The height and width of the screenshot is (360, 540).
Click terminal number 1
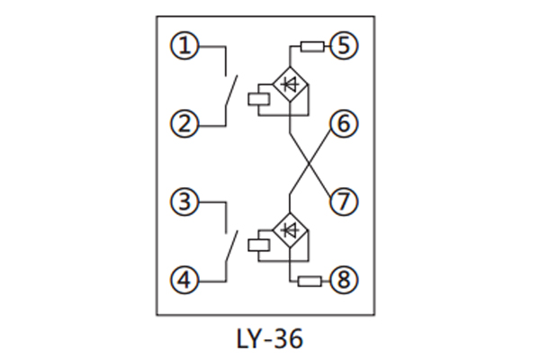pyautogui.click(x=184, y=45)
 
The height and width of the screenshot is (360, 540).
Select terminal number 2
pyautogui.click(x=184, y=123)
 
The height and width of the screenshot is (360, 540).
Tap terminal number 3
pyautogui.click(x=184, y=202)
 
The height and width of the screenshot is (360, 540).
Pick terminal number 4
pyautogui.click(x=184, y=281)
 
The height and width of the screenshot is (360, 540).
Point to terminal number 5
pyautogui.click(x=343, y=45)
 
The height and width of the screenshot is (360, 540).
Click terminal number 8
pyautogui.click(x=343, y=281)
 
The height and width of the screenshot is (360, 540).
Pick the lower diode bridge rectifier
pyautogui.click(x=289, y=230)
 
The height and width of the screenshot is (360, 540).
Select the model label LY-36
pyautogui.click(x=270, y=339)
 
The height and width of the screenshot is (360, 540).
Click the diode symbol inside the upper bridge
pyautogui.click(x=289, y=85)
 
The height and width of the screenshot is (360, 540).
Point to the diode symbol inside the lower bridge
pyautogui.click(x=289, y=229)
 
